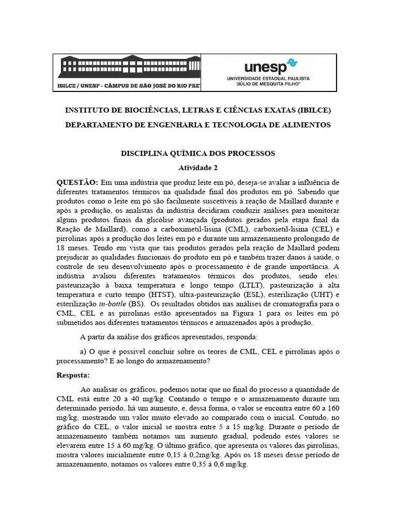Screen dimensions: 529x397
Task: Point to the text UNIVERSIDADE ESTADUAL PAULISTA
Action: point(268,78)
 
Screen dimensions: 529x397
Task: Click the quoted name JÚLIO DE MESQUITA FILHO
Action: point(268,83)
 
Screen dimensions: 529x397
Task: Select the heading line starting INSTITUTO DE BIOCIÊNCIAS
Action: point(198,111)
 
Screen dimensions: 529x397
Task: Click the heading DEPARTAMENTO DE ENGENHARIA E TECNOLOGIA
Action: point(198,126)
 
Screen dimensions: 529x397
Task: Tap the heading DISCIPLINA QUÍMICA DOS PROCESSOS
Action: point(198,153)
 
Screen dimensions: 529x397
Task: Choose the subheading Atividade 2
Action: point(198,168)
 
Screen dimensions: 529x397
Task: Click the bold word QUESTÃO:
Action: point(77,182)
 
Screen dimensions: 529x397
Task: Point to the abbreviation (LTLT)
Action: point(250,285)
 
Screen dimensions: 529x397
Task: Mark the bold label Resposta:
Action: point(73,375)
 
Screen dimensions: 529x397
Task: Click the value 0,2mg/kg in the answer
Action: point(206,455)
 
